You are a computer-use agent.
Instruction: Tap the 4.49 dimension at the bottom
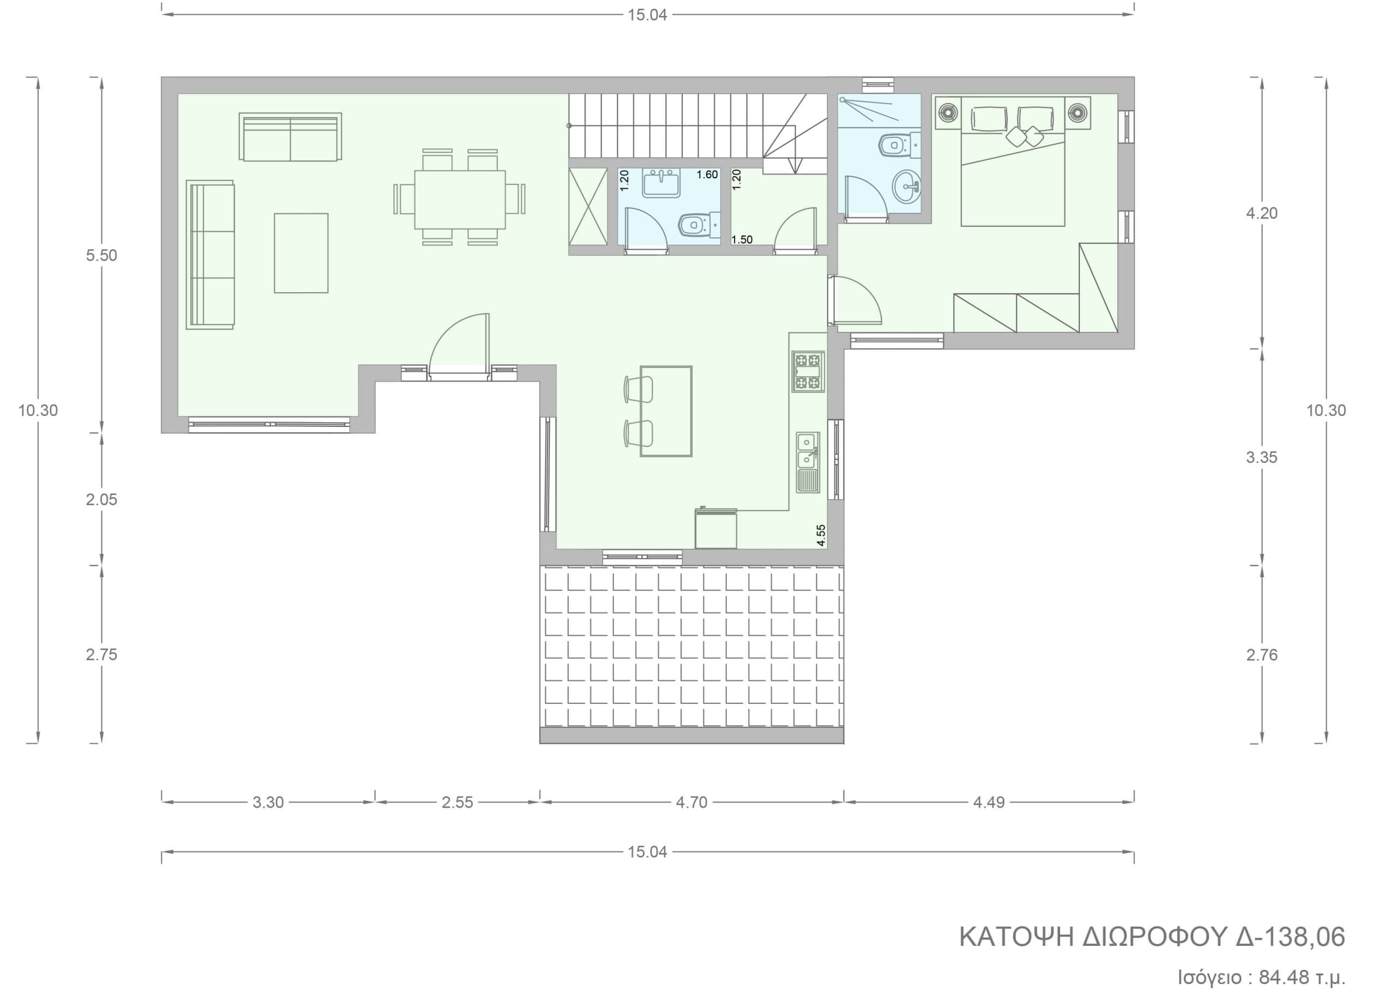(989, 803)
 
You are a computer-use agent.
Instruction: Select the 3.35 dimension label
(1262, 457)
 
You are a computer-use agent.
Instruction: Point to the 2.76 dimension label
(1262, 655)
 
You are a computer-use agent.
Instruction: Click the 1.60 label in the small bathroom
(707, 174)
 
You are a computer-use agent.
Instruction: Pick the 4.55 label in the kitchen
(821, 535)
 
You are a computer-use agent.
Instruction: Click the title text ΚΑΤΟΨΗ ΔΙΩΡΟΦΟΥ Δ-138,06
(1152, 937)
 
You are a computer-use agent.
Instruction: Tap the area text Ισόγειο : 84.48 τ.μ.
(1261, 976)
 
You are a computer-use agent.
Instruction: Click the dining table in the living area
(460, 199)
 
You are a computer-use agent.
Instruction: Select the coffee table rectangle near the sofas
(301, 253)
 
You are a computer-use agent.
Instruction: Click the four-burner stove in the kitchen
(808, 371)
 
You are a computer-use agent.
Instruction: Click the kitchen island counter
(666, 411)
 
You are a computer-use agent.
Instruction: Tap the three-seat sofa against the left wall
(210, 255)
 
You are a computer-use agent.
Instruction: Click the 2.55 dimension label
(457, 803)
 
